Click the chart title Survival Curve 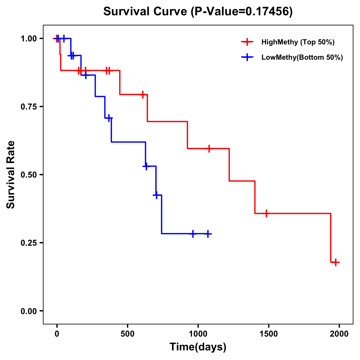point(198,11)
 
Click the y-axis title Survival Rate point(11,175)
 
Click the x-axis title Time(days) point(198,347)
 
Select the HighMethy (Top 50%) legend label point(298,42)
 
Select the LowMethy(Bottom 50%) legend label point(302,57)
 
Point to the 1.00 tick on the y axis point(29,39)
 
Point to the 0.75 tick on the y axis point(29,107)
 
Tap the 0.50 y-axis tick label point(29,175)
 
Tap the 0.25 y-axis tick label point(29,243)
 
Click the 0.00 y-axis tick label point(29,311)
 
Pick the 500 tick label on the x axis point(127,334)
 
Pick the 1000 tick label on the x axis point(198,334)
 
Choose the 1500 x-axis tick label point(268,334)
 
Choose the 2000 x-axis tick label point(339,334)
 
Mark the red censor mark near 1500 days point(266,213)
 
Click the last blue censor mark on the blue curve point(208,234)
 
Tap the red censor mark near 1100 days point(209,148)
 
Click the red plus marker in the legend point(247,42)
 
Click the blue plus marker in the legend point(247,57)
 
